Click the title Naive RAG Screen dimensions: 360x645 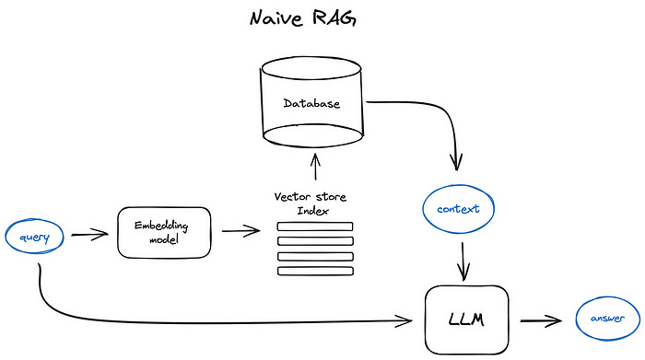tap(322, 19)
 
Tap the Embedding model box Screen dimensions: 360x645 tap(164, 232)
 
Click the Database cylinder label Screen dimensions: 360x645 tap(311, 103)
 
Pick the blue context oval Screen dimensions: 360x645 tap(458, 209)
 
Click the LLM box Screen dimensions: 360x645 tap(466, 319)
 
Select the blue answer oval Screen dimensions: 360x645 tap(601, 319)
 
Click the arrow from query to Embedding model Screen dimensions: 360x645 tap(90, 235)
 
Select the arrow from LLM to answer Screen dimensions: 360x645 tap(540, 320)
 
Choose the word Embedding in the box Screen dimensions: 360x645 tap(164, 225)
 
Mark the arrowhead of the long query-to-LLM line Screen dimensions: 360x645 tap(406, 320)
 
